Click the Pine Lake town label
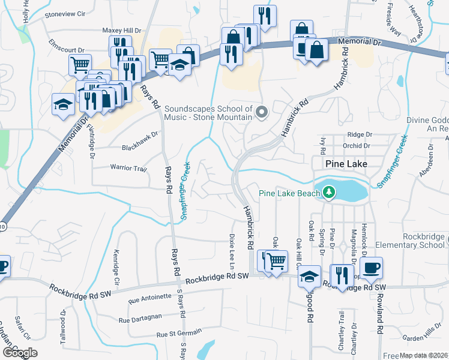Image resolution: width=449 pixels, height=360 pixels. (346, 163)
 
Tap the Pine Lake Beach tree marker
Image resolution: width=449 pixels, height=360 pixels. (328, 193)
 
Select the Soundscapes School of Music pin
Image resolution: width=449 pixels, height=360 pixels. (261, 112)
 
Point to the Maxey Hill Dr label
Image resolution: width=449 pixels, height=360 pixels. (121, 30)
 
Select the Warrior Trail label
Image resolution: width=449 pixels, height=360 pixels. (128, 169)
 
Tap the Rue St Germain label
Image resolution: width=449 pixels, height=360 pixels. (179, 334)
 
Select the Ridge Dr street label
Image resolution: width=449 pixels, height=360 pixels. (356, 136)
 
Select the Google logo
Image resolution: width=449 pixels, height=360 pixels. (19, 353)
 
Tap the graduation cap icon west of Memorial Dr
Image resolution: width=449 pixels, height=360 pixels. (62, 105)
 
